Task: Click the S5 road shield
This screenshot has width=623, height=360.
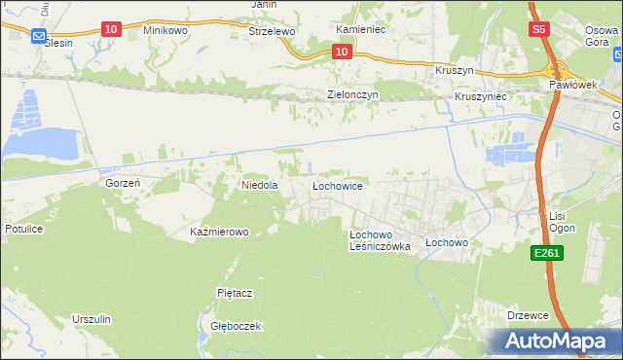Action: point(540,30)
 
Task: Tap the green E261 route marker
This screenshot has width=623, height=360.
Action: point(545,253)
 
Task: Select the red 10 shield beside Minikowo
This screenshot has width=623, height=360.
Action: point(110,30)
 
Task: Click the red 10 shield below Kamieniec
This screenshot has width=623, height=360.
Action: point(341,51)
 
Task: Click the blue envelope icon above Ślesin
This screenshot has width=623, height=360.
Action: point(39,37)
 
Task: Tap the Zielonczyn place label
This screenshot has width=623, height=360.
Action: point(351,95)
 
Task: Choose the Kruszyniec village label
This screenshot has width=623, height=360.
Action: point(480,98)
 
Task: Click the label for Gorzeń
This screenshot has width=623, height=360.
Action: point(124,183)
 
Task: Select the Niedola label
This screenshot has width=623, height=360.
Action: point(260,184)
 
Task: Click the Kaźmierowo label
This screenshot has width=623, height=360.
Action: point(220,233)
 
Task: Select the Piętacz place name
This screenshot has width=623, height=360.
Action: point(235,292)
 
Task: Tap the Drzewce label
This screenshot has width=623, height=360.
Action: point(529,315)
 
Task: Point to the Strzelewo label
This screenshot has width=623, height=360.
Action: point(272,31)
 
